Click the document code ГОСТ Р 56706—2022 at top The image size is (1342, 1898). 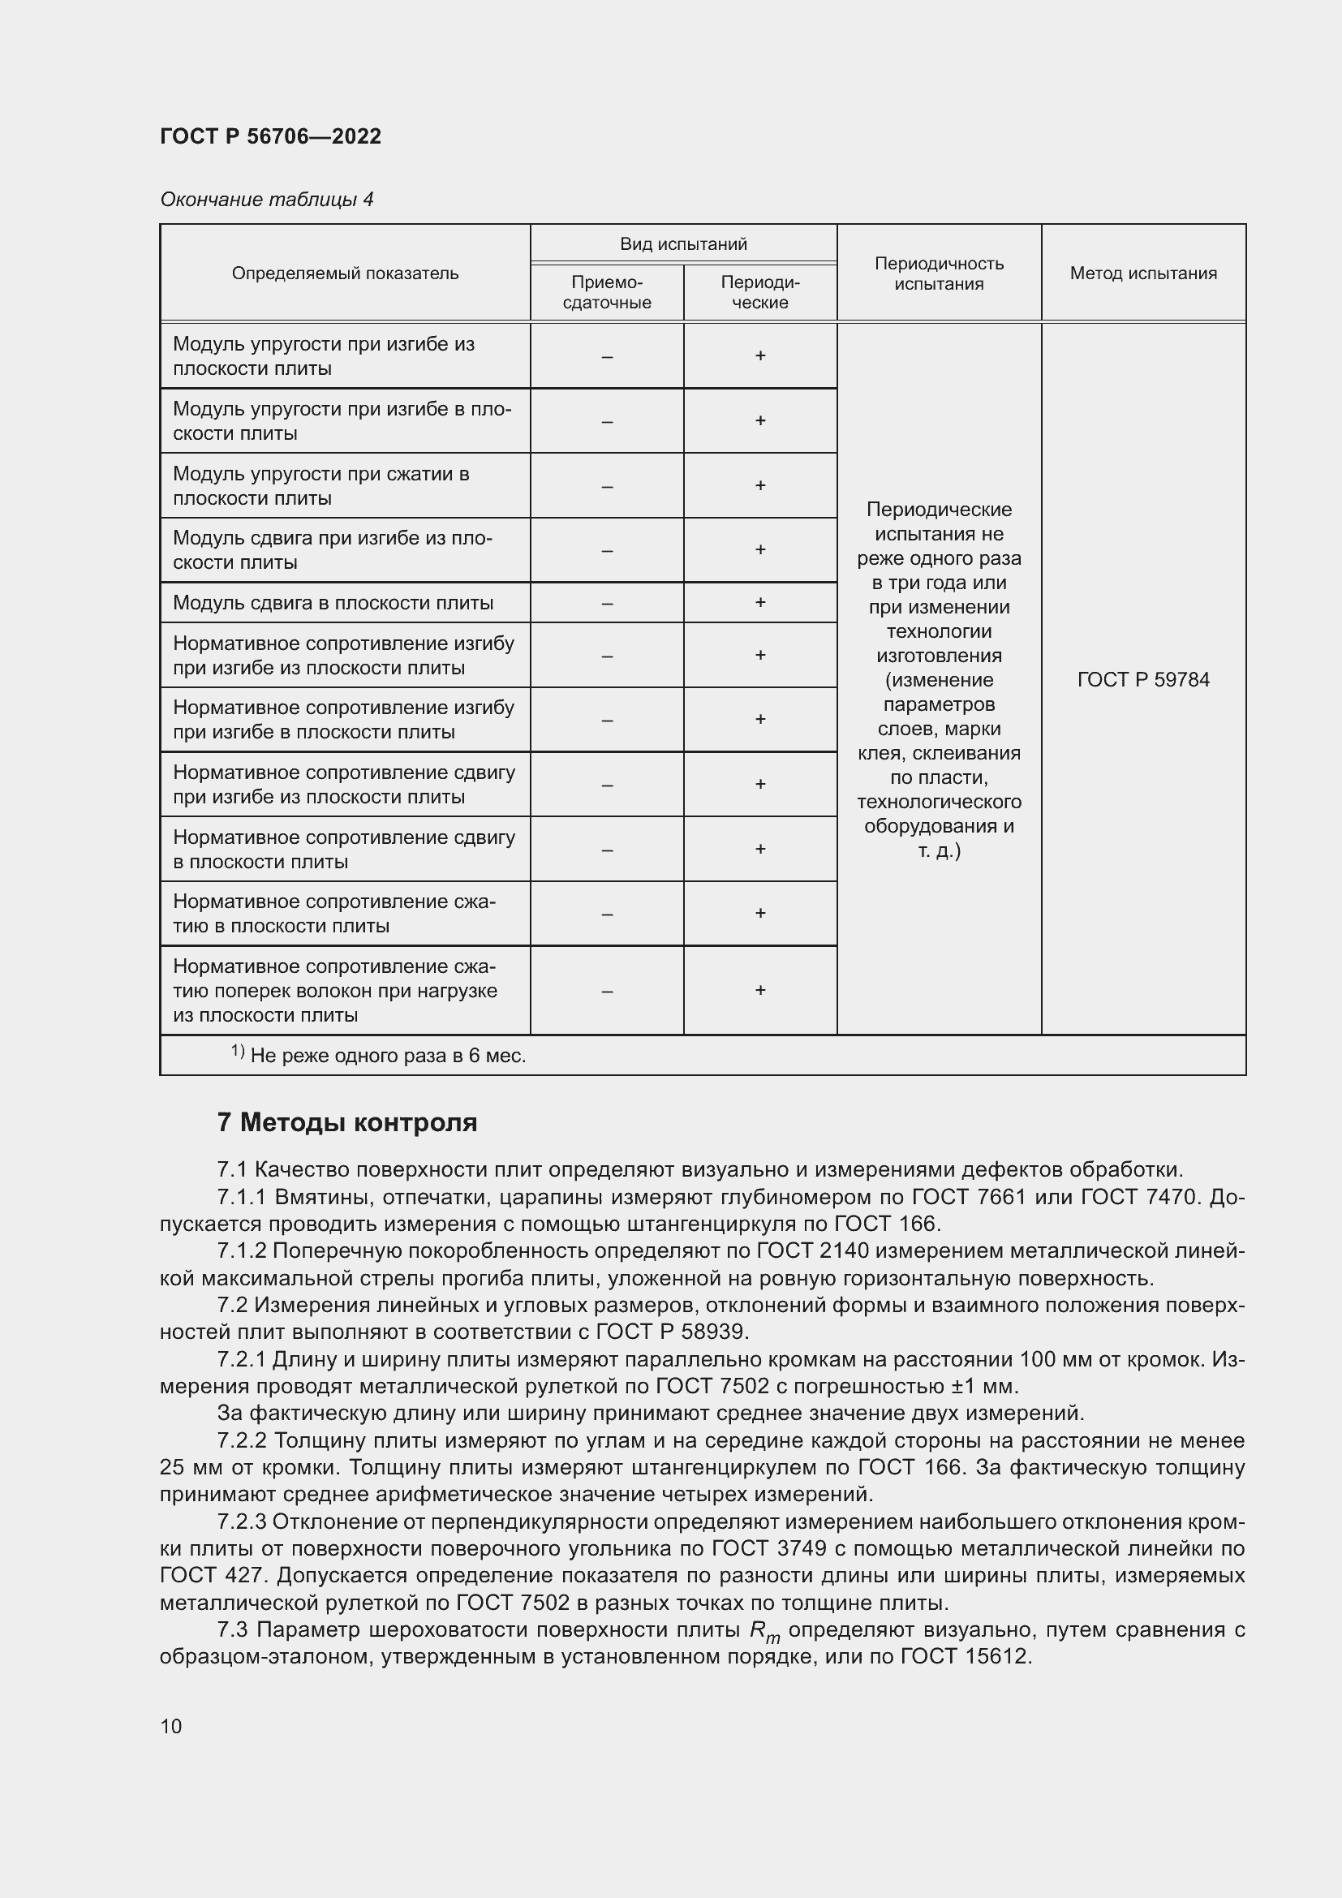click(270, 136)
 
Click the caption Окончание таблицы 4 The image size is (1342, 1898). click(266, 200)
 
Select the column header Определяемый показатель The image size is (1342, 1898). click(345, 273)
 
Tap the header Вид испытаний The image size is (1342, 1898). click(682, 244)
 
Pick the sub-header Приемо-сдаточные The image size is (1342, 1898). click(607, 293)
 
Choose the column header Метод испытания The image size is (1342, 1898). click(1143, 273)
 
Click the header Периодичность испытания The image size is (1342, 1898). click(939, 273)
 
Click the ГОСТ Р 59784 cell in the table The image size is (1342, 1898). click(1143, 679)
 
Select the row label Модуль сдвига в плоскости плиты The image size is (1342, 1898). click(333, 603)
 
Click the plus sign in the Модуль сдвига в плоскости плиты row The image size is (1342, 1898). click(759, 603)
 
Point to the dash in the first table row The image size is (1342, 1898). click(607, 356)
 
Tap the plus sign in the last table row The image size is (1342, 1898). click(759, 990)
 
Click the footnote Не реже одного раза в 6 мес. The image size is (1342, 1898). click(388, 1056)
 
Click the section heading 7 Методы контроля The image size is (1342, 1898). click(347, 1122)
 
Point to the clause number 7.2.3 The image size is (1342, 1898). click(241, 1521)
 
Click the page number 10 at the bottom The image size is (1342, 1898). click(171, 1726)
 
